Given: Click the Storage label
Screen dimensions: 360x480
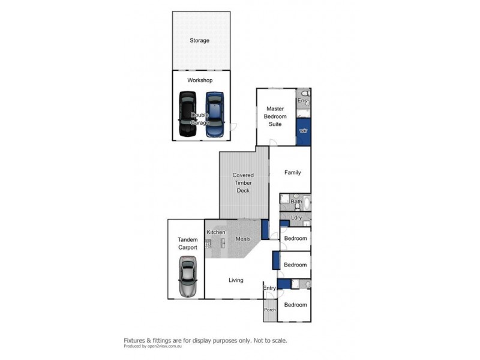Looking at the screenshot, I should click(200, 41).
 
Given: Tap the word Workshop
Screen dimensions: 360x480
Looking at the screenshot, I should click(200, 80).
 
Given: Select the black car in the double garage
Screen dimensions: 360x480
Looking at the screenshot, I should click(187, 114).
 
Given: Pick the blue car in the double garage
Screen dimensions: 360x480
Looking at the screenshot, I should click(214, 114).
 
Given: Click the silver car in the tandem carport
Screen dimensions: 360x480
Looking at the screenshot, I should click(188, 277).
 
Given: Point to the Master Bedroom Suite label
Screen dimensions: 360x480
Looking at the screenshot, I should click(277, 116).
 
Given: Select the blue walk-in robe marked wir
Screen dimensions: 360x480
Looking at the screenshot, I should click(304, 131).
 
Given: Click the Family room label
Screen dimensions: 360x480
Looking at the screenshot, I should click(292, 173).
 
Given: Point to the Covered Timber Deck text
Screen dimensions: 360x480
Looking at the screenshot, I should click(243, 183).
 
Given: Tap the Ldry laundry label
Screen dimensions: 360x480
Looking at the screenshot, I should click(296, 217).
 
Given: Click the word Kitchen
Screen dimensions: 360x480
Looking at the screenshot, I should click(215, 232).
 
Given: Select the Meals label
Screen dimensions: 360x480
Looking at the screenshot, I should click(242, 239).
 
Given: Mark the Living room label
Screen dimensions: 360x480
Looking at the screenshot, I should click(236, 280).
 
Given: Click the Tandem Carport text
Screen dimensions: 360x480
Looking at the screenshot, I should click(187, 243).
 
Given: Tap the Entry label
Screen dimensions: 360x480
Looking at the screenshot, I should click(270, 289).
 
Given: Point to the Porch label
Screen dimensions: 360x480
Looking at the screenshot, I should click(269, 310).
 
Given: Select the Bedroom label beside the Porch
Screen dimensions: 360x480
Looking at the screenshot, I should click(295, 305).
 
